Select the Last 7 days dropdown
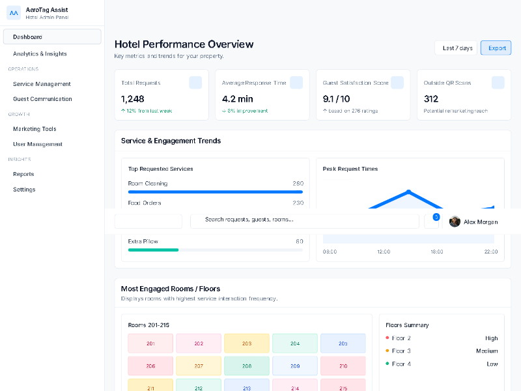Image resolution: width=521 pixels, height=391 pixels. (457, 48)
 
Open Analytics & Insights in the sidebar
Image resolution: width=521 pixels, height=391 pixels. (40, 54)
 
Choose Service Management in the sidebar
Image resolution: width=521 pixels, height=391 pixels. (42, 84)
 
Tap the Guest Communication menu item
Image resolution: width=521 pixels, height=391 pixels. (42, 99)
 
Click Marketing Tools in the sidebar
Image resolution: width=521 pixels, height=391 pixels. (35, 129)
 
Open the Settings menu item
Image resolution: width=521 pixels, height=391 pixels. (24, 190)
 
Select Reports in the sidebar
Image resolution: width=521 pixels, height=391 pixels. (23, 174)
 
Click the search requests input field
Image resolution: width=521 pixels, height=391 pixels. (304, 220)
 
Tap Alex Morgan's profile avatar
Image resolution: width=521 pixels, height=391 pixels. (455, 222)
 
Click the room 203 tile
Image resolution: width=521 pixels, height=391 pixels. (247, 343)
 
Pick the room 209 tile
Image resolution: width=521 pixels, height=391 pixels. (295, 366)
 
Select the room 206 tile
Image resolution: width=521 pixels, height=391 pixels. (150, 366)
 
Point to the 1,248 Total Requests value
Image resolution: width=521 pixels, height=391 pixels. (133, 99)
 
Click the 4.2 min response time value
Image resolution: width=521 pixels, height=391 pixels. (237, 99)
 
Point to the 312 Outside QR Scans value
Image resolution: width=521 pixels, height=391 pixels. (431, 99)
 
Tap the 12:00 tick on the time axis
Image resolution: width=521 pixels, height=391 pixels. (384, 252)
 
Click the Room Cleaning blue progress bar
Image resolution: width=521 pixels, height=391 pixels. (216, 192)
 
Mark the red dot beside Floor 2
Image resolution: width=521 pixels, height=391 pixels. (387, 338)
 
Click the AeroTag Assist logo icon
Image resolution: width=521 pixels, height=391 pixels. (14, 13)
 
